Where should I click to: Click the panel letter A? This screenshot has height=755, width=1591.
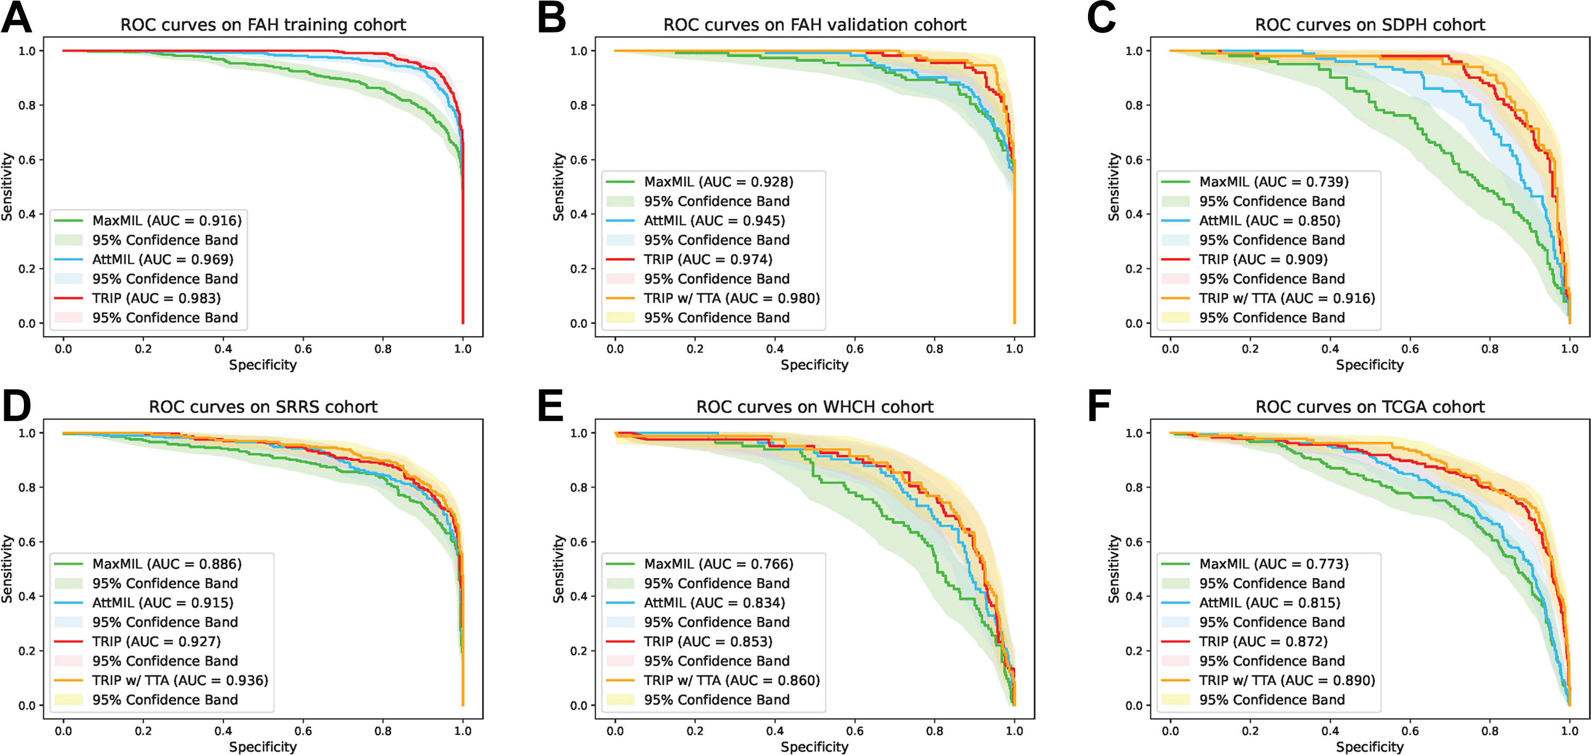click(17, 19)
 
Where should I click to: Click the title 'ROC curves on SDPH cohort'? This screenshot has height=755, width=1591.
click(1370, 24)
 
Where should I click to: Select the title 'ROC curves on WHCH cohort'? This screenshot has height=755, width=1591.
click(814, 407)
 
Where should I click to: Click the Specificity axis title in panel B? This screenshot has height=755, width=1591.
click(814, 365)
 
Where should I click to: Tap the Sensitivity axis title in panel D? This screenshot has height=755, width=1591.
click(7, 569)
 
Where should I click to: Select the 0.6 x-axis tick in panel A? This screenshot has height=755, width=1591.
click(303, 349)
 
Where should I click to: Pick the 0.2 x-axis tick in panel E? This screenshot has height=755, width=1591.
click(695, 731)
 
